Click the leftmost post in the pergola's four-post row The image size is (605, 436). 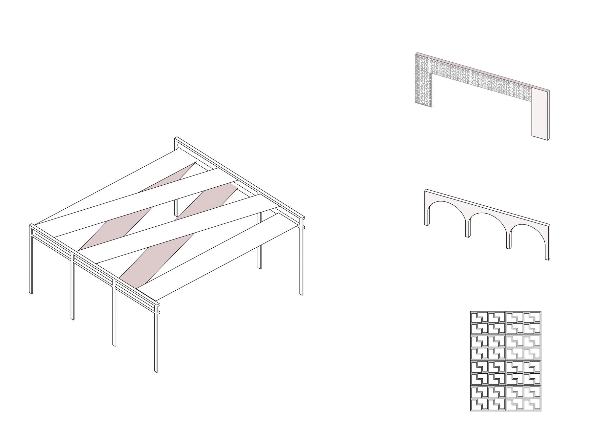(31, 262)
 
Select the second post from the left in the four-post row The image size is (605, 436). (72, 289)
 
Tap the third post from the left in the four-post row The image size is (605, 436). (114, 315)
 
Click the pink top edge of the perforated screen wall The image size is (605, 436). (482, 72)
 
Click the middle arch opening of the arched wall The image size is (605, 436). (488, 230)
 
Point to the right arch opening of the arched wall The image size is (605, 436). (528, 241)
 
